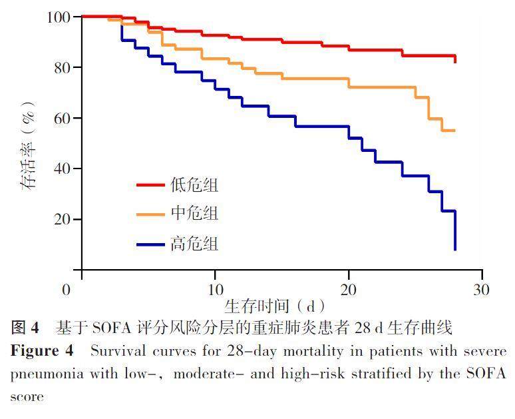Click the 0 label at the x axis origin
pyautogui.click(x=67, y=290)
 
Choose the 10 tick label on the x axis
pyautogui.click(x=215, y=290)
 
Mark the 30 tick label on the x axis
pyautogui.click(x=481, y=290)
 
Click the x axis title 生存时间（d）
pyautogui.click(x=274, y=307)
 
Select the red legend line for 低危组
pyautogui.click(x=150, y=185)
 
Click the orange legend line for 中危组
pyautogui.click(x=150, y=214)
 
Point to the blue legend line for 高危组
pyautogui.click(x=150, y=244)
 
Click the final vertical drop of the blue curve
pyautogui.click(x=455, y=230)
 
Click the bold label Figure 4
pyautogui.click(x=40, y=351)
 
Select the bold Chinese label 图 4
pyautogui.click(x=25, y=328)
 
